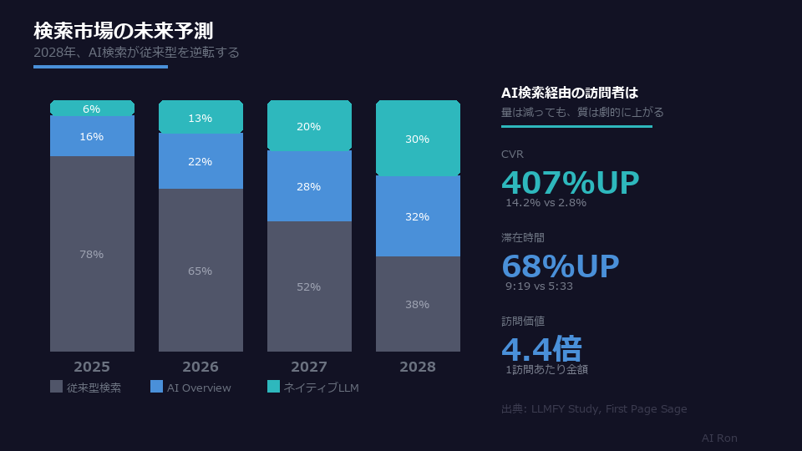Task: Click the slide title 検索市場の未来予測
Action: (123, 31)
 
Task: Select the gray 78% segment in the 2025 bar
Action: (92, 254)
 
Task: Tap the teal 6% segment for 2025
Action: (92, 109)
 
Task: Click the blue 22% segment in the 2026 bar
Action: (200, 161)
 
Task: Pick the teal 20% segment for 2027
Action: (309, 126)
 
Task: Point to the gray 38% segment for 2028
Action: (418, 304)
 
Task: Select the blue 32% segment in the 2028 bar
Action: (418, 216)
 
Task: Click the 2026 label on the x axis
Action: (200, 367)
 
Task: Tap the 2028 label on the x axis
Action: (418, 367)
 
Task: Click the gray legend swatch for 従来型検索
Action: (57, 387)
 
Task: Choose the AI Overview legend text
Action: (199, 388)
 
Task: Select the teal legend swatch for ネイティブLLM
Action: (274, 387)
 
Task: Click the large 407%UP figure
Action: (570, 182)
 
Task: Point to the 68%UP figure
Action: (560, 266)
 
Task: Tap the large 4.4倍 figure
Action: (541, 349)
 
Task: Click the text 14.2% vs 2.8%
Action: (546, 202)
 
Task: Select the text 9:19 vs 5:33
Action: (539, 286)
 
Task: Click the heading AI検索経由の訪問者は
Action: (570, 93)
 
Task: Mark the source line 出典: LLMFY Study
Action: (594, 408)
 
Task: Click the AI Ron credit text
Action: (719, 438)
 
